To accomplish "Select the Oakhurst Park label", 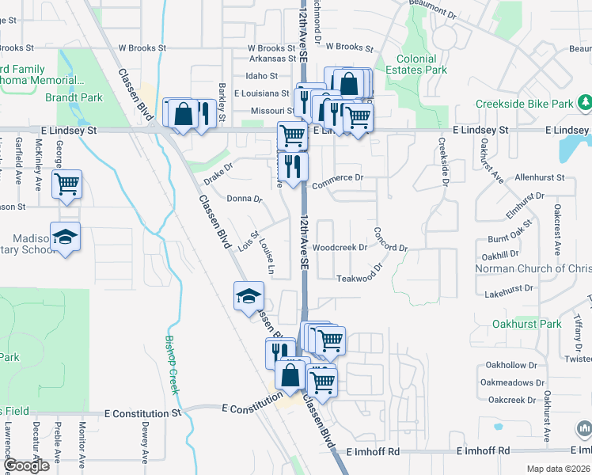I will point(526,323).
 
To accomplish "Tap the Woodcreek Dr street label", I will point(340,247).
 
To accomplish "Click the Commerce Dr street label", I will point(336,178).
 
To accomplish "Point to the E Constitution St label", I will point(143,413).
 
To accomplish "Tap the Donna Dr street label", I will point(244,199).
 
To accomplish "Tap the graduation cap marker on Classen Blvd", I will point(249,296).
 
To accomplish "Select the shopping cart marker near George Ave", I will point(67,184).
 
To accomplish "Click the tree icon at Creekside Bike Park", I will point(585,103).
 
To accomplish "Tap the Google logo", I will point(26,465).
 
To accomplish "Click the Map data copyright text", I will point(558,469).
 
